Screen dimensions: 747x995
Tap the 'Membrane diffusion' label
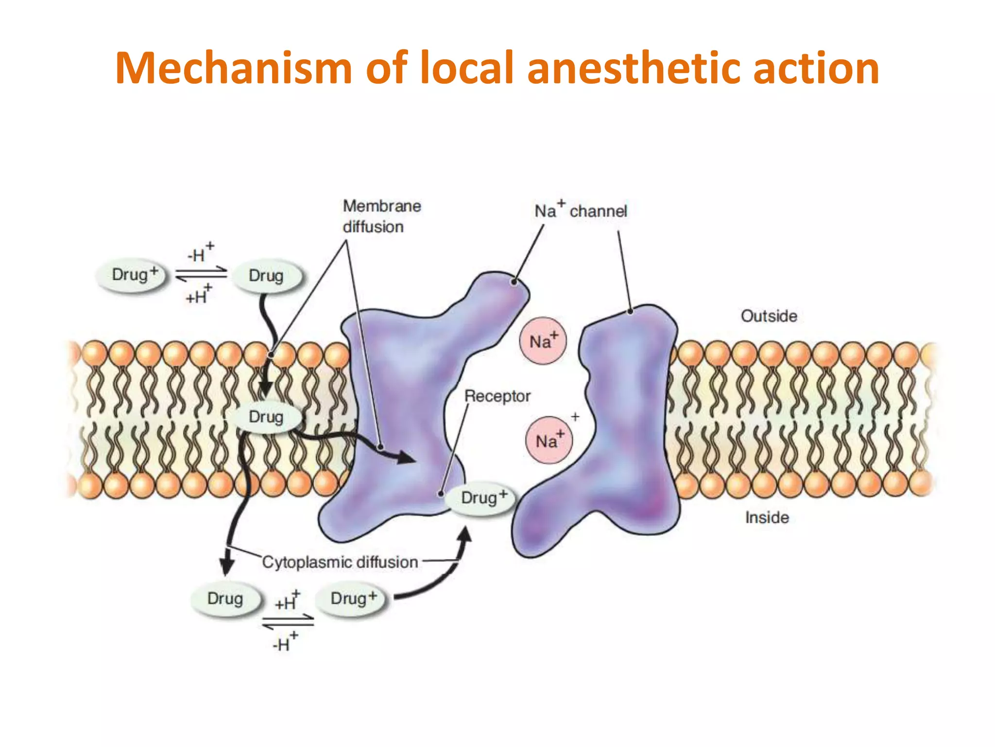click(x=381, y=216)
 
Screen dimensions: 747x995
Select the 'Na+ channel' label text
click(x=581, y=211)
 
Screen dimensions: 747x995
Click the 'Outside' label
click(x=769, y=316)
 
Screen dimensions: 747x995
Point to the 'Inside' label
click(x=767, y=517)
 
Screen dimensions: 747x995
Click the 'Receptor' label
click(x=497, y=396)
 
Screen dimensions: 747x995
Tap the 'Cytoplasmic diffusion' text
click(x=340, y=562)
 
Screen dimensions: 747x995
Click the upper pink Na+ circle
click(x=543, y=341)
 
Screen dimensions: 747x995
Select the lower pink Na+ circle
click(x=549, y=441)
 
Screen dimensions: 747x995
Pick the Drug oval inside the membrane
click(x=266, y=417)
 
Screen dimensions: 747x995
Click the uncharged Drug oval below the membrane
click(x=225, y=599)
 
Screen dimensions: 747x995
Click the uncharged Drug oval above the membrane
click(x=266, y=276)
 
